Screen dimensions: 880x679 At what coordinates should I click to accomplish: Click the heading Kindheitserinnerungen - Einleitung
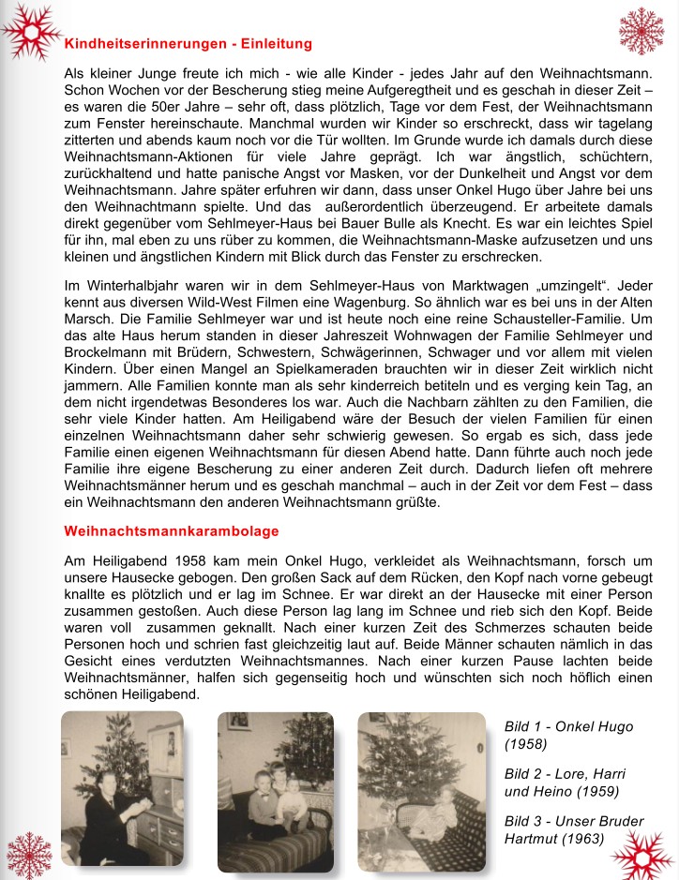[x=188, y=44]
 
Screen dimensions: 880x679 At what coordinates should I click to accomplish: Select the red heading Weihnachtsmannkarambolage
[x=172, y=531]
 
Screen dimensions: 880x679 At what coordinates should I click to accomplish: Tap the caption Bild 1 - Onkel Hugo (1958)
[x=568, y=736]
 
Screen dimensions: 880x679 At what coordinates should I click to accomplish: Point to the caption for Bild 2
[x=565, y=783]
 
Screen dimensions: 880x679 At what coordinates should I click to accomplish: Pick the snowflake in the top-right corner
[x=641, y=31]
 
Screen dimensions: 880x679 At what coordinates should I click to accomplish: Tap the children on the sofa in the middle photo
[x=277, y=801]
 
